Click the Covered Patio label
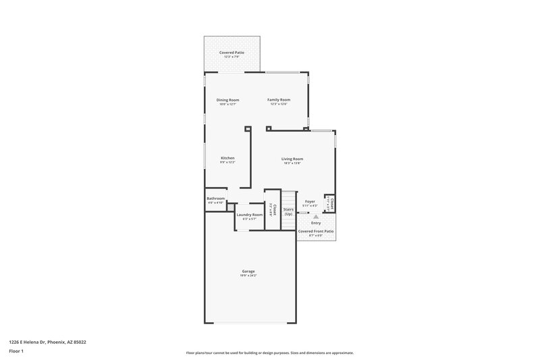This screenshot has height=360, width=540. tap(232, 52)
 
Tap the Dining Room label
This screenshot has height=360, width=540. tap(228, 100)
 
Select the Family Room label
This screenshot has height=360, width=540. tap(279, 100)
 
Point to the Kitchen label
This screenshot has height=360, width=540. tap(227, 158)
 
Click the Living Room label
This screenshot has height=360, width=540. tap(292, 159)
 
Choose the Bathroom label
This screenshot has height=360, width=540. tap(216, 198)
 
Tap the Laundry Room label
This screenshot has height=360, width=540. tap(250, 215)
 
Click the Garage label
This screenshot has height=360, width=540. tap(248, 272)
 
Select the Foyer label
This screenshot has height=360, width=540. tap(310, 201)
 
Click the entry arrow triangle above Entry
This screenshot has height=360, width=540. tap(315, 216)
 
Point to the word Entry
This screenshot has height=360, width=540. tap(316, 223)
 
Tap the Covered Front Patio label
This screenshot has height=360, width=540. tap(316, 231)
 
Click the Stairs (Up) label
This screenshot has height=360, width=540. tap(288, 211)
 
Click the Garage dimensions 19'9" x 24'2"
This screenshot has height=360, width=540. tap(248, 276)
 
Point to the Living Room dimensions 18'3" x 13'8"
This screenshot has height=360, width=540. tap(292, 163)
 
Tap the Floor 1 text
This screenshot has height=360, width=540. tap(16, 351)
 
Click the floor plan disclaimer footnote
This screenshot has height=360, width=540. tap(269, 353)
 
